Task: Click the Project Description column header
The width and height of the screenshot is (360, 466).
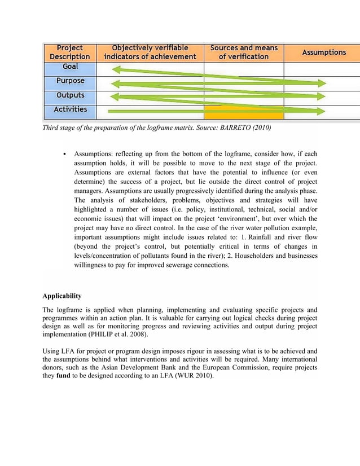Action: click(70, 52)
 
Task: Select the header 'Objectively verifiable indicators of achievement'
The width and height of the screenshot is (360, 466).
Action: click(150, 52)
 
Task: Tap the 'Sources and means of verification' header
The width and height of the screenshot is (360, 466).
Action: click(243, 52)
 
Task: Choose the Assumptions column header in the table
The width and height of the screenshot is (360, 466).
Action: click(324, 52)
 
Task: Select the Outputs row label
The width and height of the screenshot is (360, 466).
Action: click(70, 96)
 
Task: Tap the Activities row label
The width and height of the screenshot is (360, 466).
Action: click(70, 110)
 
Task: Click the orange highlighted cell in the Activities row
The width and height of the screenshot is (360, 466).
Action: click(243, 112)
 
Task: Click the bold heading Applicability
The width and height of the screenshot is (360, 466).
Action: click(62, 296)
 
